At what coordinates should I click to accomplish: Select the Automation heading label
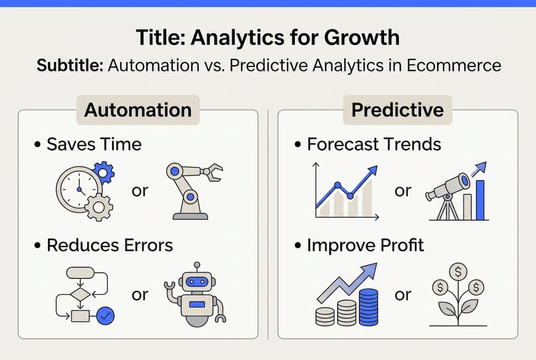click(x=138, y=110)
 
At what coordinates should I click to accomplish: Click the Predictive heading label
click(x=397, y=110)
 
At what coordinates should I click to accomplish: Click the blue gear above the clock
click(x=103, y=172)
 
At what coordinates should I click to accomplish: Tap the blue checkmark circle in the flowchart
click(x=105, y=315)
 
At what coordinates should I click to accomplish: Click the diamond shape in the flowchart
click(x=80, y=294)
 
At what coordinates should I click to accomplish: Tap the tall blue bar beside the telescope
click(x=481, y=200)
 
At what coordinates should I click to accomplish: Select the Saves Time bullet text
click(x=94, y=144)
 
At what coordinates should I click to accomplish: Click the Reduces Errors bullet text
click(x=109, y=245)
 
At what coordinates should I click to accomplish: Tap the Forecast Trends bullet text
click(x=374, y=144)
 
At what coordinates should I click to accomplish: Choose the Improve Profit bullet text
click(x=365, y=245)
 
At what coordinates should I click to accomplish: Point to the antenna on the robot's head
click(x=197, y=265)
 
